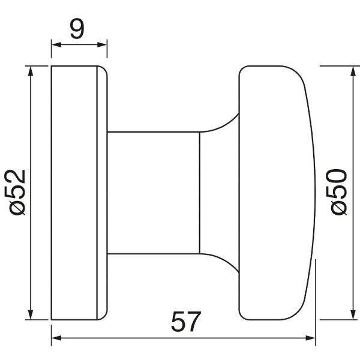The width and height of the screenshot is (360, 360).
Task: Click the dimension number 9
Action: point(77,28)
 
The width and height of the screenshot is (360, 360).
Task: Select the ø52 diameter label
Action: point(15,193)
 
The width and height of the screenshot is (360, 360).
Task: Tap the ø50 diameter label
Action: point(337,192)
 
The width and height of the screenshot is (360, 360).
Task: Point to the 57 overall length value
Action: point(186,322)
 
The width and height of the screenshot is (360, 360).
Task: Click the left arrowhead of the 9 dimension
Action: point(56,45)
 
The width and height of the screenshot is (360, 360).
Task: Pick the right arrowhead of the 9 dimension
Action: point(102,45)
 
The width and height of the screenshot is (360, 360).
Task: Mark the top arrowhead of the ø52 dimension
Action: point(31,71)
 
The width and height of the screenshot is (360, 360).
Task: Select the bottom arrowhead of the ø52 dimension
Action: point(31,314)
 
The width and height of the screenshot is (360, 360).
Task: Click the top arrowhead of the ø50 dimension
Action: point(353,71)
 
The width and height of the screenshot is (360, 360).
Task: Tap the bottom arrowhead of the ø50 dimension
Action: point(353,314)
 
